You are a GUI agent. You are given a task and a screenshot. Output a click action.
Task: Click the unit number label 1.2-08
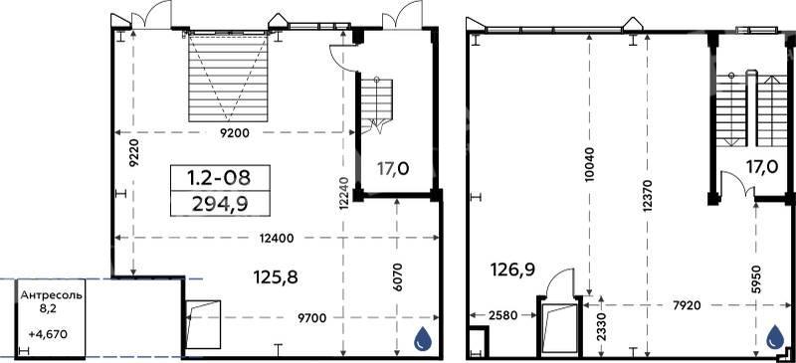pyautogui.click(x=219, y=178)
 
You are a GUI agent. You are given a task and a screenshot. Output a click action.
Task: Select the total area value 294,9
pyautogui.click(x=219, y=204)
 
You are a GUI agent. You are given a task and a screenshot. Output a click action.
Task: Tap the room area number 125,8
pyautogui.click(x=276, y=277)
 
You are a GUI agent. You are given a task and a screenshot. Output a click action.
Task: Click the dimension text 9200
pyautogui.click(x=236, y=133)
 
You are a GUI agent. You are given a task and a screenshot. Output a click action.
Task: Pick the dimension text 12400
pyautogui.click(x=277, y=238)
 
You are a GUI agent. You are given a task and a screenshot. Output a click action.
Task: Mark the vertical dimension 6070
pyautogui.click(x=397, y=277)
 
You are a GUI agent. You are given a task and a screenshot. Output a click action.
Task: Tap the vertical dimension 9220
pyautogui.click(x=133, y=152)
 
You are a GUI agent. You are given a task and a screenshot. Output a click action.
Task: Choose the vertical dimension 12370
pyautogui.click(x=648, y=197)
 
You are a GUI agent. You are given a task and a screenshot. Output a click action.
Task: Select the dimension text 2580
pyautogui.click(x=502, y=316)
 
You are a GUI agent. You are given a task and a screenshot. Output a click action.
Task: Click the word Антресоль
pyautogui.click(x=51, y=296)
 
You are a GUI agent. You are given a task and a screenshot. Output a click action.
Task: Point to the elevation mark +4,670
pyautogui.click(x=48, y=334)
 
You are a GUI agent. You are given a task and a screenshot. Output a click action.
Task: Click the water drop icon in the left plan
pyautogui.click(x=422, y=338)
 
